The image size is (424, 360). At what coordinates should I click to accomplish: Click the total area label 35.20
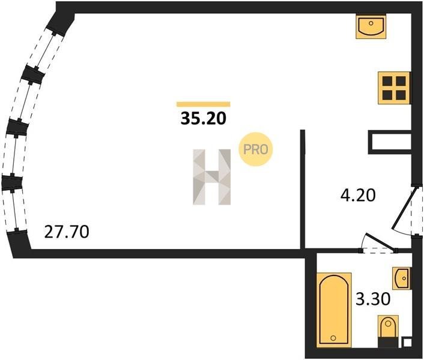click(203, 118)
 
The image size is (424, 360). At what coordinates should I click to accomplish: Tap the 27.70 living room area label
click(67, 232)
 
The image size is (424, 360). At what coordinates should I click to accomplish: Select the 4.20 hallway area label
click(358, 195)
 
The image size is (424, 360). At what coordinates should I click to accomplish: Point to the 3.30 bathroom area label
click(373, 299)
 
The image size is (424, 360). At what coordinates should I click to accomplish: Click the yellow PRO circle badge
click(255, 149)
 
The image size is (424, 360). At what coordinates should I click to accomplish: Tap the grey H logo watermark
click(212, 177)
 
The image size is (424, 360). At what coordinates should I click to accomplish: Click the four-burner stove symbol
click(394, 88)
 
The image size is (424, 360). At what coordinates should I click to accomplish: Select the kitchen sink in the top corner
click(371, 26)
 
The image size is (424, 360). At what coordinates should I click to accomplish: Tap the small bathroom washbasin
click(401, 278)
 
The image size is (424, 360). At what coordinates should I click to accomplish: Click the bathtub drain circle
click(333, 338)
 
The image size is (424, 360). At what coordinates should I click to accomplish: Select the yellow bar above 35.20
click(204, 104)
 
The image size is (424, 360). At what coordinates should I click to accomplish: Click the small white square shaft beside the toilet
click(407, 343)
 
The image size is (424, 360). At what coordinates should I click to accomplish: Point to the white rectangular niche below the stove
click(390, 142)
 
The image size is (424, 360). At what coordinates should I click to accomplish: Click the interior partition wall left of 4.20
click(303, 189)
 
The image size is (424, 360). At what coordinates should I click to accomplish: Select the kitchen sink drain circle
click(371, 23)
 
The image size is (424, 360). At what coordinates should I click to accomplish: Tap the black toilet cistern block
click(388, 343)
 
